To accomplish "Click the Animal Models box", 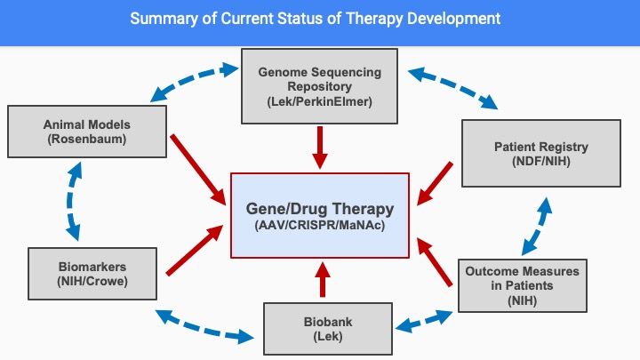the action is coord(87,132).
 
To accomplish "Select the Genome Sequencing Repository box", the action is coord(319,86).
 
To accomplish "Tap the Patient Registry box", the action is coord(540,153).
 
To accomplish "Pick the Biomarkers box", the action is coord(92,274).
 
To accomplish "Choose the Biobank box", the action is coord(328,329).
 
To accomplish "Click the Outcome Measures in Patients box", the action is coord(522,285).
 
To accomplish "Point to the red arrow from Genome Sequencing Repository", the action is coord(320,148).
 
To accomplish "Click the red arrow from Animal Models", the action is coord(198,170).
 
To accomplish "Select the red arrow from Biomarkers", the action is coord(195,250).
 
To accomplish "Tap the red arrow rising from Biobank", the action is coord(323,280).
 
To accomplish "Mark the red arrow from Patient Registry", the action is coord(435,183).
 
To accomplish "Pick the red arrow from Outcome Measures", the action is coord(435,262).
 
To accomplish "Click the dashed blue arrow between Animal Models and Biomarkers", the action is coord(72,201).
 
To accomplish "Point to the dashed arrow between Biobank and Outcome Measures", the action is coord(424,321).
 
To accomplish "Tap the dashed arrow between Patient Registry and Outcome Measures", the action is coord(538,226).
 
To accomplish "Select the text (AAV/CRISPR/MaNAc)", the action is coord(320,225).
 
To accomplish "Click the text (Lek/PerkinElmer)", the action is coord(320,101).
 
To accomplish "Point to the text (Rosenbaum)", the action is coord(87,140).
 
